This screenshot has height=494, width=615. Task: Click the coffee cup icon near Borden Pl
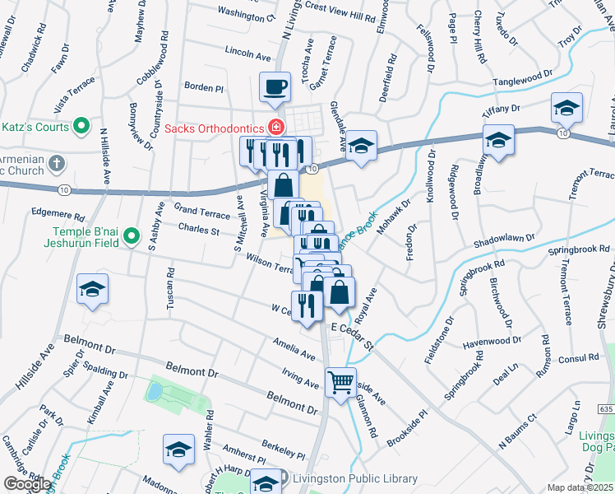coord(275,86)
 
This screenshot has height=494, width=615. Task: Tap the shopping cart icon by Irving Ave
coord(340,382)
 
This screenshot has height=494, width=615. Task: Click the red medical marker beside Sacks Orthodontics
coord(276,128)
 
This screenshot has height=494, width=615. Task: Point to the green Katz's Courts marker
coord(81,126)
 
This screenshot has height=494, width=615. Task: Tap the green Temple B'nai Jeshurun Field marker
coord(131,238)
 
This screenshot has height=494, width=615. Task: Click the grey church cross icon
coord(56,163)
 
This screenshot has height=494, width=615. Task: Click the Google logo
coord(27,483)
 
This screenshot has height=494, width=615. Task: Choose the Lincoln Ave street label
coord(247,54)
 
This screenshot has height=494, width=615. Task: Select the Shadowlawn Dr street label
coord(503,241)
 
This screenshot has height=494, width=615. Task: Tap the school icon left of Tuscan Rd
coord(93,290)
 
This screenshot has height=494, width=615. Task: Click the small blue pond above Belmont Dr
coord(153,391)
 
